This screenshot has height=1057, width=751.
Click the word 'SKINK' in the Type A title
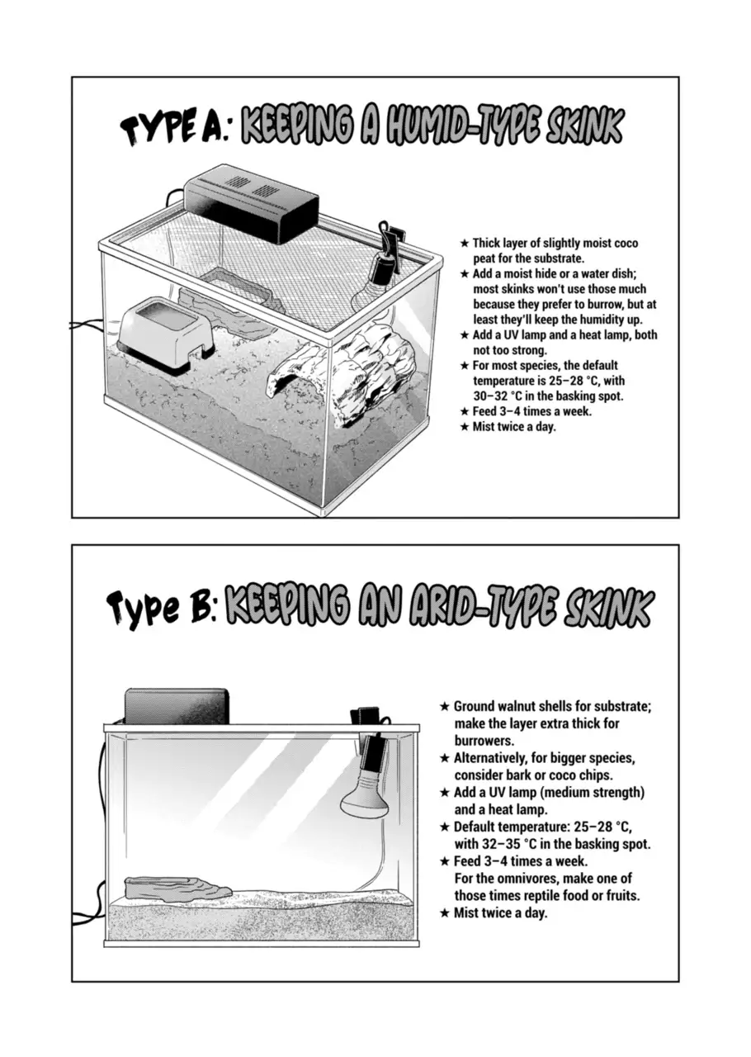point(583,126)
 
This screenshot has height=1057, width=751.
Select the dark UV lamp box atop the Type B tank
point(177,706)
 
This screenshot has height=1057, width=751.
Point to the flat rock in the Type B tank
point(177,887)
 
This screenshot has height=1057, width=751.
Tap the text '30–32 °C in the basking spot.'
point(548,396)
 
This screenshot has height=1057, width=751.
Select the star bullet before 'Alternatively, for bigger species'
point(444,758)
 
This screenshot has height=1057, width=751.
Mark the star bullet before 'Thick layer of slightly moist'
point(465,244)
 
